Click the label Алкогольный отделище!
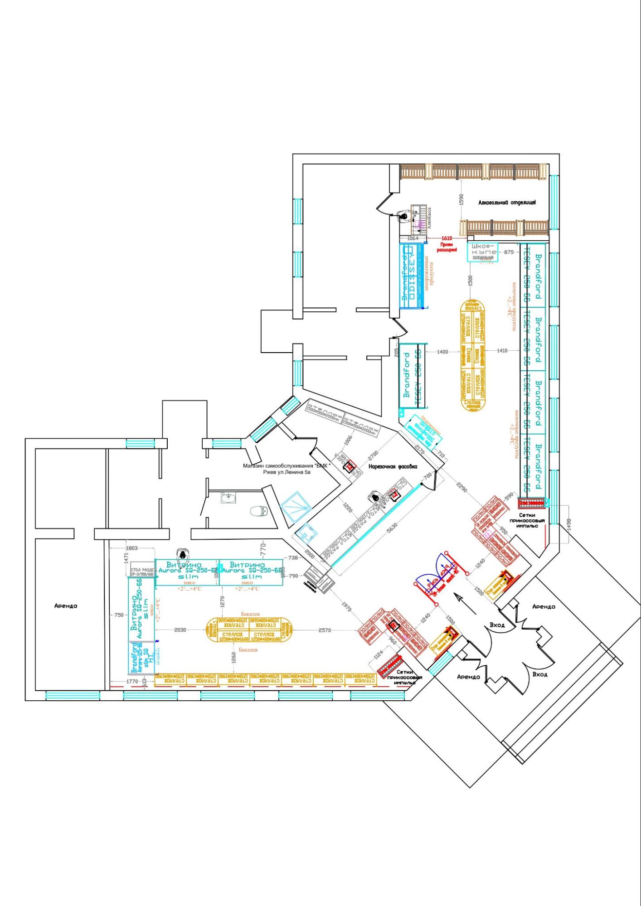click(507, 203)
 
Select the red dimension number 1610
click(447, 238)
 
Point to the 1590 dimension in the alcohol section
click(461, 199)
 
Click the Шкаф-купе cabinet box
click(482, 252)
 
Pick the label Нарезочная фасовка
click(393, 466)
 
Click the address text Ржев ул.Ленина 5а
click(287, 472)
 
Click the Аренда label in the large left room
click(66, 606)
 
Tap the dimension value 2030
click(180, 630)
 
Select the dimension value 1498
click(569, 524)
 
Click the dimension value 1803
click(131, 548)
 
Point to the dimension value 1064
click(413, 238)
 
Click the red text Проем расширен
click(447, 247)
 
